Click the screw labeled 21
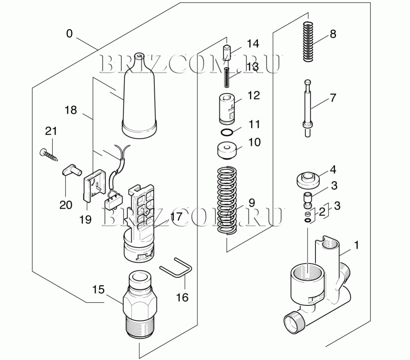click(x=49, y=154)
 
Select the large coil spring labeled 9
click(x=227, y=201)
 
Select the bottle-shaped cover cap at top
click(x=139, y=96)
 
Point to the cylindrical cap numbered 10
click(x=227, y=151)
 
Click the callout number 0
click(x=69, y=34)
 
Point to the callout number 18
click(x=71, y=110)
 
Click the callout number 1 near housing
click(x=356, y=245)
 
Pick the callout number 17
click(x=176, y=217)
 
